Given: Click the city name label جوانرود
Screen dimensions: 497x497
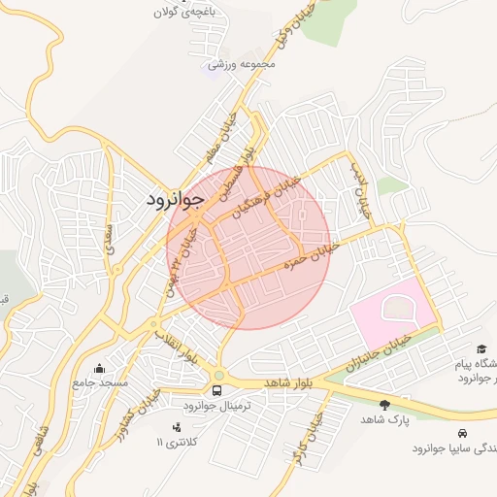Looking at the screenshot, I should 174,200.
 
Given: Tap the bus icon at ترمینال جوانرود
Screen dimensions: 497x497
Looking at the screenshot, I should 215,391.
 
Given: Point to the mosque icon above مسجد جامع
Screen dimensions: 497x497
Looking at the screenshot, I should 99,369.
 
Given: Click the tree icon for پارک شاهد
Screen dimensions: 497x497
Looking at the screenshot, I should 384,404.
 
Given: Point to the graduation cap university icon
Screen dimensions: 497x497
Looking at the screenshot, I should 481,348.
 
